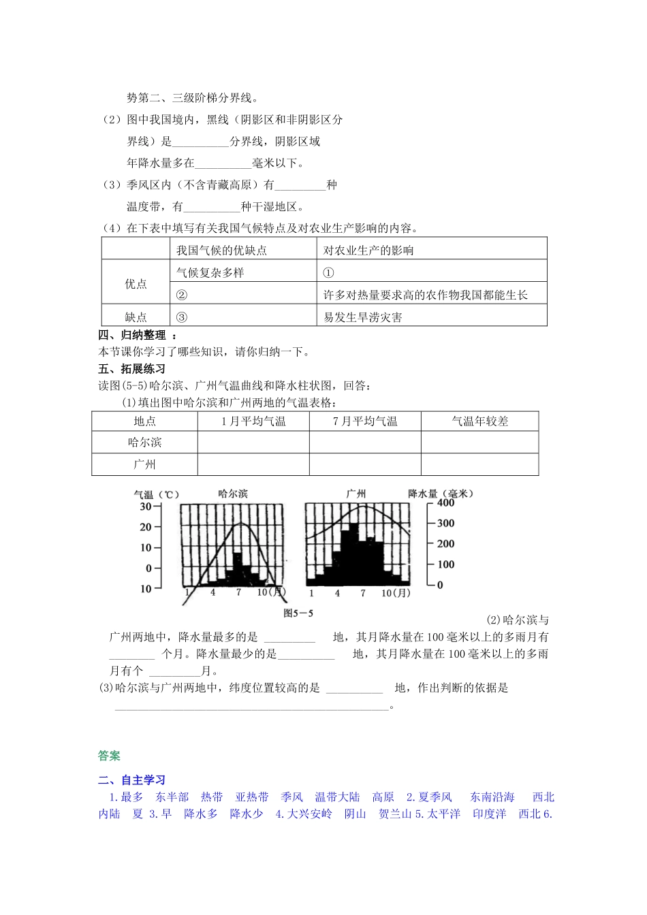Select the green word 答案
pyautogui.click(x=109, y=756)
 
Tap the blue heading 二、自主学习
pyautogui.click(x=131, y=780)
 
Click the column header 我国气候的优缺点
pyautogui.click(x=221, y=251)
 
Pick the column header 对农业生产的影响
pyautogui.click(x=368, y=251)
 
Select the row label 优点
pyautogui.click(x=136, y=284)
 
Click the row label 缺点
pyautogui.click(x=136, y=317)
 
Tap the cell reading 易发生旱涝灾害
pyautogui.click(x=363, y=317)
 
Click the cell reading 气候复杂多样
pyautogui.click(x=210, y=273)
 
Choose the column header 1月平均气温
pyautogui.click(x=253, y=421)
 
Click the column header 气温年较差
pyautogui.click(x=479, y=421)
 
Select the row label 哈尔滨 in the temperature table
pyautogui.click(x=144, y=443)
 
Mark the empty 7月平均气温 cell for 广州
pyautogui.click(x=365, y=464)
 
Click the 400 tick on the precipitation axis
pyautogui.click(x=445, y=503)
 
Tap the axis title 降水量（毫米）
pyautogui.click(x=441, y=494)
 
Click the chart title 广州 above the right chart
pyautogui.click(x=356, y=494)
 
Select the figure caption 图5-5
pyautogui.click(x=298, y=613)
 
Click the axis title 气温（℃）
pyautogui.click(x=156, y=495)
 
